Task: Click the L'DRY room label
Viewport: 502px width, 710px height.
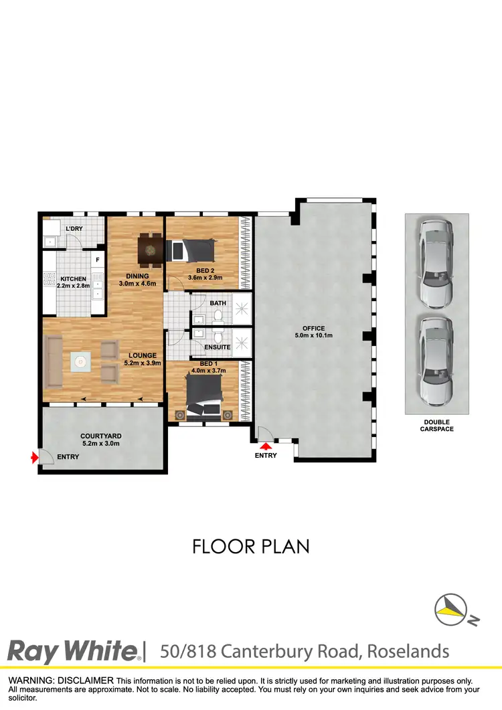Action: pos(74,230)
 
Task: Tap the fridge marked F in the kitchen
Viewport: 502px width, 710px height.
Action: pos(98,260)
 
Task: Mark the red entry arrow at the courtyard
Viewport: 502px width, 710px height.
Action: pos(34,458)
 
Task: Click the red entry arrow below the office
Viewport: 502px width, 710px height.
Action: pos(266,446)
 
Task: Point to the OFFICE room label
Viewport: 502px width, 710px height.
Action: pos(313,329)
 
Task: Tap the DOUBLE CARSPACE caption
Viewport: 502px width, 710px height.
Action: pos(437,426)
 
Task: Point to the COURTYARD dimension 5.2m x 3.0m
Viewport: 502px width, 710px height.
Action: pos(100,443)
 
